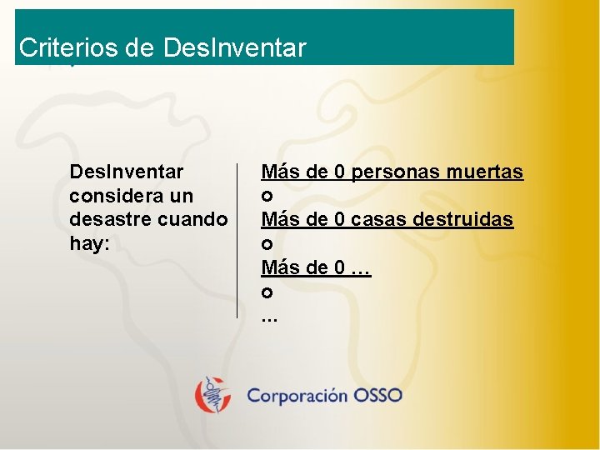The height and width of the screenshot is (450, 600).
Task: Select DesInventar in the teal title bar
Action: [236, 48]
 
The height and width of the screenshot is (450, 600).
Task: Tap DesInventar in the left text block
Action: [127, 172]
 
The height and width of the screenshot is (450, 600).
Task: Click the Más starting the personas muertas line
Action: [279, 172]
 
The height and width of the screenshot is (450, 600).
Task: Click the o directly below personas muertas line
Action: [267, 197]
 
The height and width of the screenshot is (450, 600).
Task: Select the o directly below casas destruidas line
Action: [267, 246]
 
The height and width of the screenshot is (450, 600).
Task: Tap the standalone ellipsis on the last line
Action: [269, 318]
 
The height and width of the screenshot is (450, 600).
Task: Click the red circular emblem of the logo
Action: [213, 395]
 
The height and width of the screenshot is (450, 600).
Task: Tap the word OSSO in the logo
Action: [377, 395]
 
